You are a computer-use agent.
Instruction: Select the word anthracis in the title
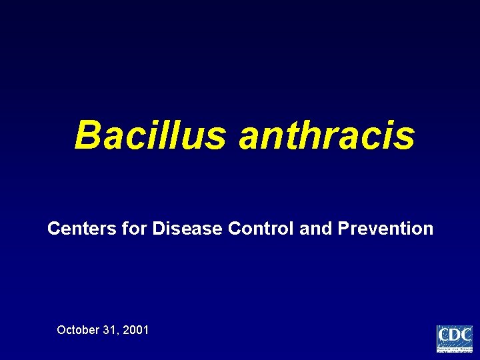coord(327,135)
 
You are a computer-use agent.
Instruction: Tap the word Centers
coord(75,229)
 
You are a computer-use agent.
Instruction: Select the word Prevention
coord(385,229)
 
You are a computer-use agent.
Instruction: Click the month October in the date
coord(78,329)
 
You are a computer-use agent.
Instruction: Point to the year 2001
coord(136,329)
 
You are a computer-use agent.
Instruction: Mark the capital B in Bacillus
coord(87,135)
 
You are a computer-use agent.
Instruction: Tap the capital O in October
coord(62,329)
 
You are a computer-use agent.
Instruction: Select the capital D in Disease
coord(159,229)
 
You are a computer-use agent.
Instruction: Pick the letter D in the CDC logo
coord(455,335)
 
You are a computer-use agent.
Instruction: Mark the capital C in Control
coord(235,229)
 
